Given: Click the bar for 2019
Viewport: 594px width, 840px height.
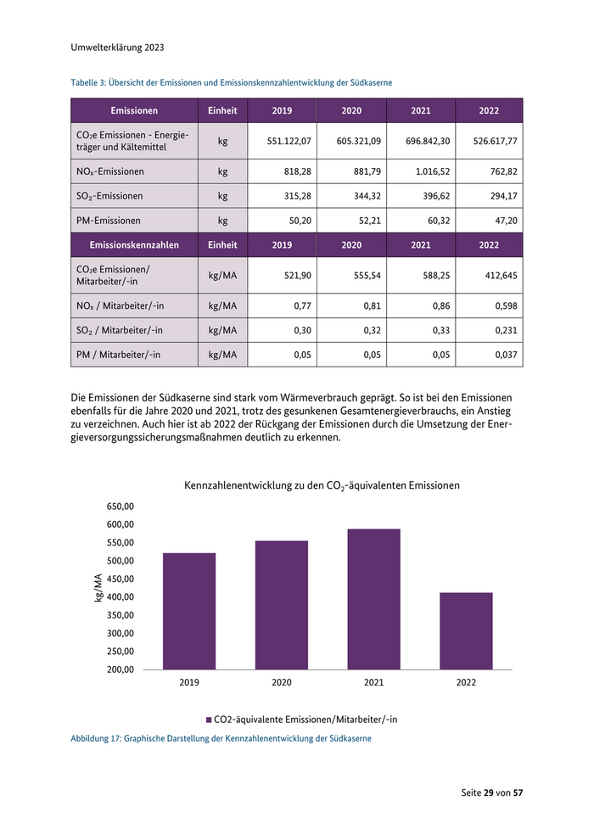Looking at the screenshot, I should point(189,611).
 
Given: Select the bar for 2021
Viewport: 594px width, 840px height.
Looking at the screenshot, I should point(373,599).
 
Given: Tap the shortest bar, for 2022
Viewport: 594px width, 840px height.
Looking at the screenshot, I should point(466,631).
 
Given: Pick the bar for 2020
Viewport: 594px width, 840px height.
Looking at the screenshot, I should point(282,605).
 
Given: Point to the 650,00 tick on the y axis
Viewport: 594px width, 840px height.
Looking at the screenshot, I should point(120,507).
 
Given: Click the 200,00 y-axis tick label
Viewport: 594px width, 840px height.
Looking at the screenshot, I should point(120,669).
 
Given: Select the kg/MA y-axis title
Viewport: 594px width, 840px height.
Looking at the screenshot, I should point(98,588).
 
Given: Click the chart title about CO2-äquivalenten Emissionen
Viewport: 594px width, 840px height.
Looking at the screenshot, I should point(322,486).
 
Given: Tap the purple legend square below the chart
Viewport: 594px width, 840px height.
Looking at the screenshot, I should point(207,720).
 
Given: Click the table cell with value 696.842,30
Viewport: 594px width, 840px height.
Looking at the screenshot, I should point(419,141).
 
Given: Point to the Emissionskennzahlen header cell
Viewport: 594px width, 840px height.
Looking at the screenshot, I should point(133,244).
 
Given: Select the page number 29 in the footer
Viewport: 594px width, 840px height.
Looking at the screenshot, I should point(489,792).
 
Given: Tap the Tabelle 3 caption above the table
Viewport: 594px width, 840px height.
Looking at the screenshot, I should point(231,82).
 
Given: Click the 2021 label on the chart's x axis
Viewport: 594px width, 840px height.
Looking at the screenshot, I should point(373,683).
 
